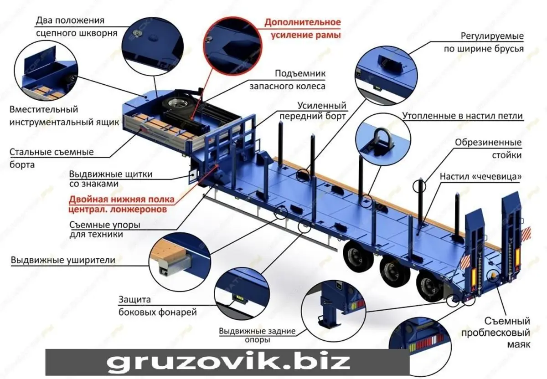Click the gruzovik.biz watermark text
click(x=228, y=362)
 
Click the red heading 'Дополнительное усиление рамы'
click(x=303, y=29)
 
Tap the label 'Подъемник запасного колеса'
click(x=288, y=80)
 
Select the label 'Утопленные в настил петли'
click(x=462, y=115)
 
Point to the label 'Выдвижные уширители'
click(x=63, y=260)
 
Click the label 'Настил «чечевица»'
click(x=480, y=176)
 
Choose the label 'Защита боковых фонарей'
click(x=158, y=306)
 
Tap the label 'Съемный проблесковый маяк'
click(x=495, y=333)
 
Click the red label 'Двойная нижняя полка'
click(x=122, y=200)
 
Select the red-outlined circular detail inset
click(x=232, y=46)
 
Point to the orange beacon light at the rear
click(x=492, y=275)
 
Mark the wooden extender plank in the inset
click(x=169, y=252)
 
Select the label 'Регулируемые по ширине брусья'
click(x=484, y=42)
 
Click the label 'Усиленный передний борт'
click(x=313, y=111)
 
